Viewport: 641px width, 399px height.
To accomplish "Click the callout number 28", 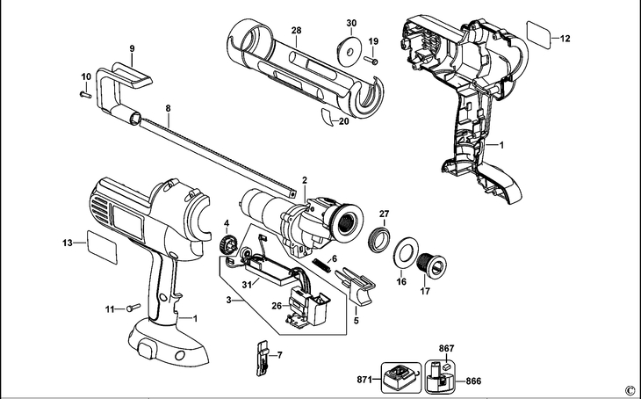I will pyautogui.click(x=297, y=31).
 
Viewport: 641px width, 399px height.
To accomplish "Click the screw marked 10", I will pyautogui.click(x=83, y=92).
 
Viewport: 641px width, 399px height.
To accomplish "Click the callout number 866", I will pyautogui.click(x=473, y=381).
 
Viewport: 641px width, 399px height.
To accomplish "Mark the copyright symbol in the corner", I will pyautogui.click(x=629, y=390).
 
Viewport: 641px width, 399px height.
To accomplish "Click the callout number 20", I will pyautogui.click(x=343, y=122).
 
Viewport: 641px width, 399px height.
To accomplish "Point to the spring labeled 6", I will pyautogui.click(x=321, y=261).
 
